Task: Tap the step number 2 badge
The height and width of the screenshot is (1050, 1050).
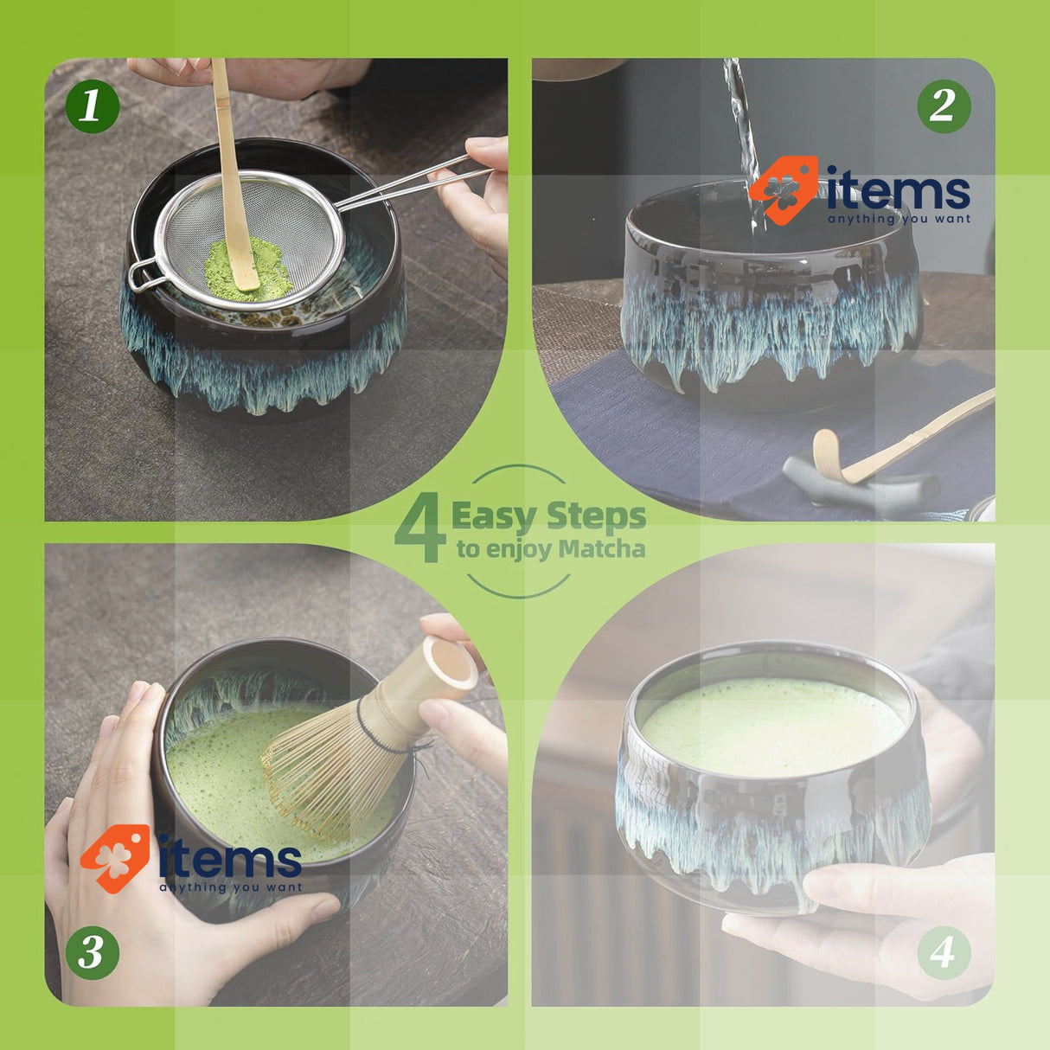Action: click(x=944, y=106)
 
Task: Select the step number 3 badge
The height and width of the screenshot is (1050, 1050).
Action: click(x=92, y=952)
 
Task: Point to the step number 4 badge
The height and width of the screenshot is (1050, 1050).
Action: click(x=944, y=952)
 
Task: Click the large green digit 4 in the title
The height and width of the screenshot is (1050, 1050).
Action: click(x=421, y=529)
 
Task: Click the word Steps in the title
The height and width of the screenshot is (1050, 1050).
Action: click(x=597, y=516)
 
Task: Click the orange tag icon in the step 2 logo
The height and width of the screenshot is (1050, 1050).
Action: click(x=783, y=189)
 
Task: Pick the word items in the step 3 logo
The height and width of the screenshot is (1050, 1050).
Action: click(x=230, y=860)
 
